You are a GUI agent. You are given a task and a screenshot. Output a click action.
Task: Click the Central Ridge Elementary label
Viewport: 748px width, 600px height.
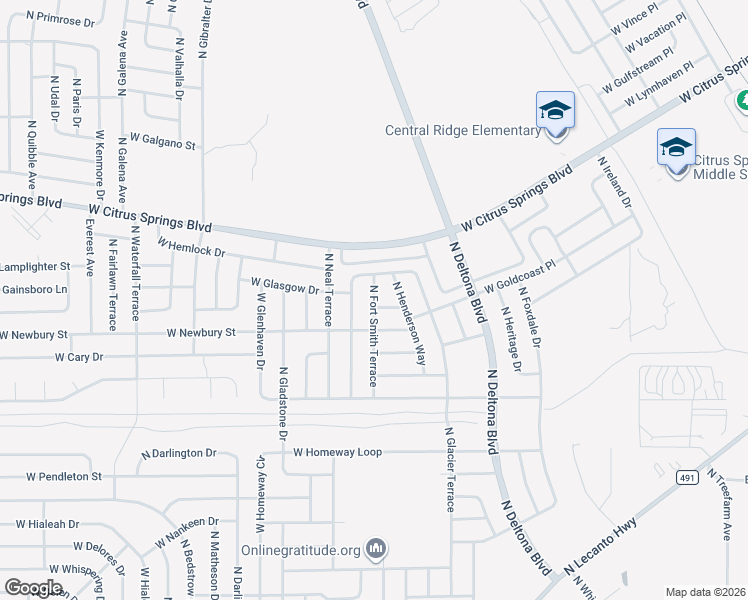point(463,131)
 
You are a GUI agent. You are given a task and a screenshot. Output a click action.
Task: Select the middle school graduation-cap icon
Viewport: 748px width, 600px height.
point(676,149)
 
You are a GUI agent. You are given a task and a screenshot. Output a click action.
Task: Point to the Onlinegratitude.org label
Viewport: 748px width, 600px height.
point(301,550)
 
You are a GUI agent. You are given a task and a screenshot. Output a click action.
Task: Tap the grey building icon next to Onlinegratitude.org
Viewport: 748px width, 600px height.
point(377,548)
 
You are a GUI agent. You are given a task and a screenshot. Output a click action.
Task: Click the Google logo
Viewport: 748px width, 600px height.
point(33,588)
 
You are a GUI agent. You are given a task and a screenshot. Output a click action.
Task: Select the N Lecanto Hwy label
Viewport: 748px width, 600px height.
point(605,550)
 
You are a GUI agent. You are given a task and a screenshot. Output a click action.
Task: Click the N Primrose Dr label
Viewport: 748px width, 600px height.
point(60,19)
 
